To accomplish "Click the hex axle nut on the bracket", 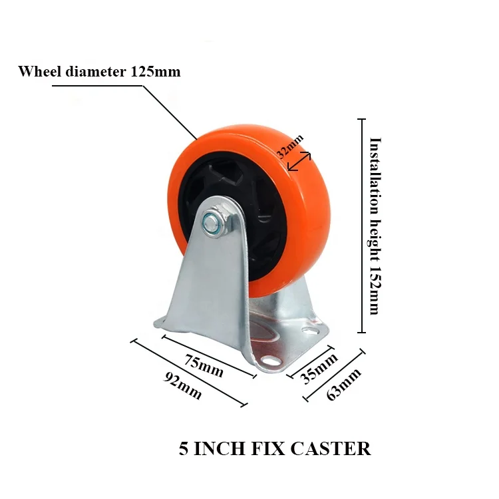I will [215, 224].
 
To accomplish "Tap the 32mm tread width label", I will [290, 144].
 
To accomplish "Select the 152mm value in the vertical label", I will [375, 295].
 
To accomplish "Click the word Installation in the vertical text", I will [375, 171].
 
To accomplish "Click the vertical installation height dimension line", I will [362, 226].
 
